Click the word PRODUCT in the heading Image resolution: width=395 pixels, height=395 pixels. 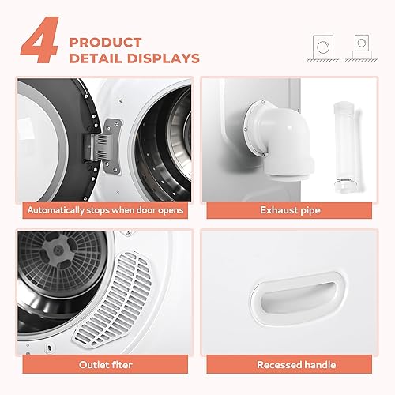coord(105,41)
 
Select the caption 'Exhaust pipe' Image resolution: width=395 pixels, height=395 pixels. coord(295,210)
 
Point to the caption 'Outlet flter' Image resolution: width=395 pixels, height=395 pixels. coord(104,365)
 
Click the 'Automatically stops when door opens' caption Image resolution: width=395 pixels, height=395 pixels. coord(105,210)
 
